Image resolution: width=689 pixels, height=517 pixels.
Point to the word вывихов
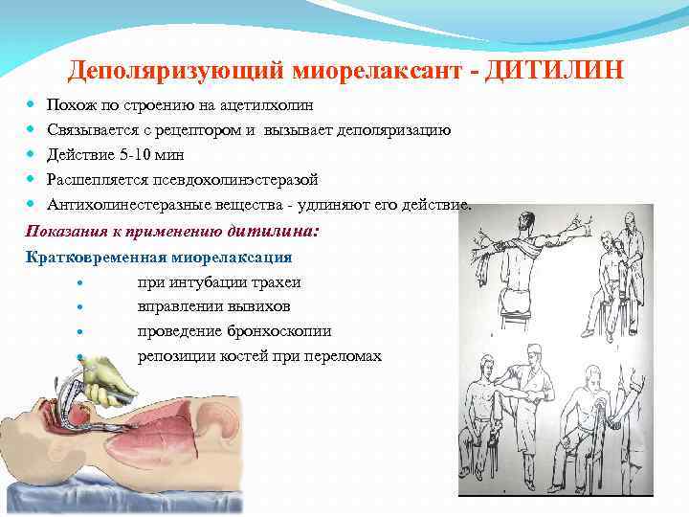[253, 306]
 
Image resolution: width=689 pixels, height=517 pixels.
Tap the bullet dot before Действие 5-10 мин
[33, 154]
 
